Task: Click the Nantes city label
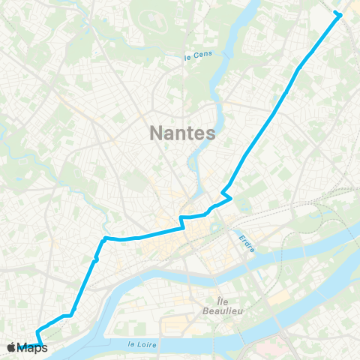tap(183, 133)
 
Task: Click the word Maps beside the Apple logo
tap(34, 347)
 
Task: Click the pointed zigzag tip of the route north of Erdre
tap(232, 197)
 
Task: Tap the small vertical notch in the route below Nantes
tap(181, 222)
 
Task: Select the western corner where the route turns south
tap(103, 239)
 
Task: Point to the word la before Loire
tap(131, 343)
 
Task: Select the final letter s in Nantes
tap(211, 133)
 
